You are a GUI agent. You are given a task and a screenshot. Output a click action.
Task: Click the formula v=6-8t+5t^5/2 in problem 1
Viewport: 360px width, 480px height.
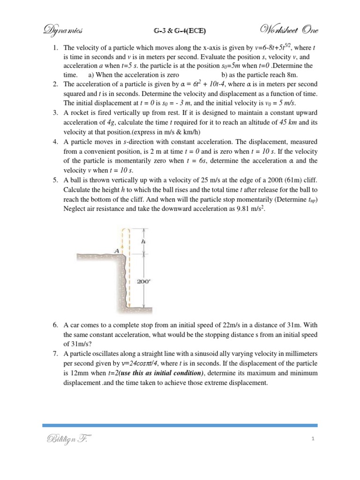pos(268,48)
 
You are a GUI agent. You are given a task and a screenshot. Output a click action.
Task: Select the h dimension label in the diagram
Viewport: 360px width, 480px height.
pos(143,241)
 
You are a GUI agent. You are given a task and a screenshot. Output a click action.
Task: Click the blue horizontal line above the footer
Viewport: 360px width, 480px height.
pos(180,425)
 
